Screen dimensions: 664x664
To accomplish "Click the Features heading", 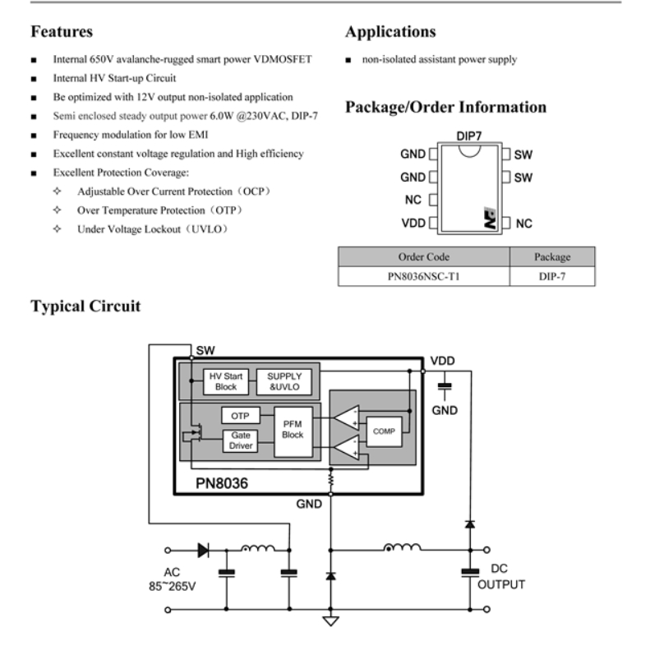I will [61, 33].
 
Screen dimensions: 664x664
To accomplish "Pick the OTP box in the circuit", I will [240, 415].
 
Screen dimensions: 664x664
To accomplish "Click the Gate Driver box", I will [241, 440].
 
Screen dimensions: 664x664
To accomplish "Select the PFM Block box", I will [292, 429].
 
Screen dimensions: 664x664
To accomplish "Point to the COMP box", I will [383, 430].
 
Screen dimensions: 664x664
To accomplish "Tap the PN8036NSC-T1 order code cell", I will [424, 276].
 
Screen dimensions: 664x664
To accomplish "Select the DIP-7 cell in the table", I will [551, 276].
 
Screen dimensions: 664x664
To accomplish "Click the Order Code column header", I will [424, 256].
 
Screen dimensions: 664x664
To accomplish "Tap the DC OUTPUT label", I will [501, 578].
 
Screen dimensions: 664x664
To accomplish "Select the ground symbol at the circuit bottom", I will [330, 620].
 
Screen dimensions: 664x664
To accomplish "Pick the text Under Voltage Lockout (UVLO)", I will [152, 229].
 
